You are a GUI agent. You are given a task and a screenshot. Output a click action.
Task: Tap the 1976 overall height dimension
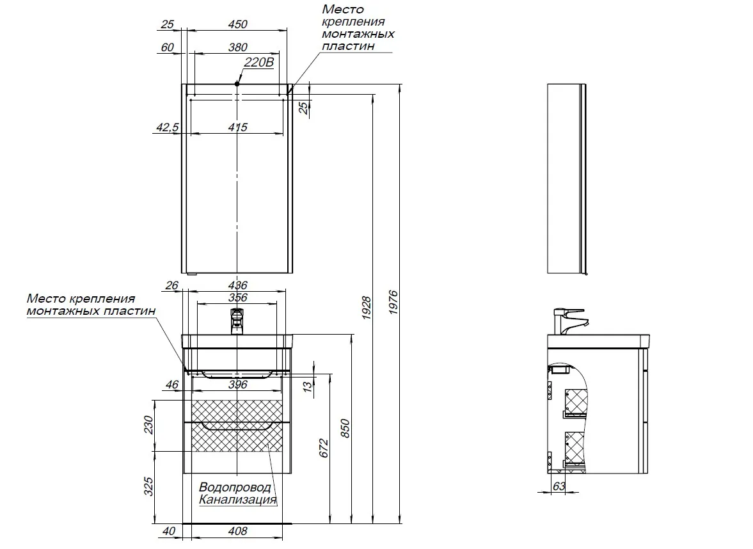pyautogui.click(x=393, y=302)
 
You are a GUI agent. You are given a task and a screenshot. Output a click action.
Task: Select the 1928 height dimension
pyautogui.click(x=367, y=308)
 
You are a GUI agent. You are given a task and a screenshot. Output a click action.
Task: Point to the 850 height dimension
pyautogui.click(x=345, y=427)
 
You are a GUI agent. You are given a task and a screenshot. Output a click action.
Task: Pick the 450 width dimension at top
pyautogui.click(x=237, y=24)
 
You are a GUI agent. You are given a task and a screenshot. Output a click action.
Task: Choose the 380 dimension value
pyautogui.click(x=237, y=47)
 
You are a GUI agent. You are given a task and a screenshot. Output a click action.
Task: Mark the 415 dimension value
pyautogui.click(x=237, y=127)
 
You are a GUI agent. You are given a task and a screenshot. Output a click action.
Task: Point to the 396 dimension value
pyautogui.click(x=237, y=385)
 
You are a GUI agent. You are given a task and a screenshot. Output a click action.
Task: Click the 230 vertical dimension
pyautogui.click(x=148, y=425)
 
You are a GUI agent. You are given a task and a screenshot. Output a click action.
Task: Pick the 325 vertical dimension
pyautogui.click(x=148, y=487)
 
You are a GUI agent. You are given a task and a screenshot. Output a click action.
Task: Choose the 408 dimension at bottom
pyautogui.click(x=237, y=531)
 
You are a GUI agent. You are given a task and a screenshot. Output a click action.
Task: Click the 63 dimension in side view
pyautogui.click(x=559, y=486)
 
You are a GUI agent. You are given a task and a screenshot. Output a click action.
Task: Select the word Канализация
pyautogui.click(x=238, y=499)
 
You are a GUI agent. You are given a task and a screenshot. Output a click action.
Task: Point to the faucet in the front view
pyautogui.click(x=237, y=320)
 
